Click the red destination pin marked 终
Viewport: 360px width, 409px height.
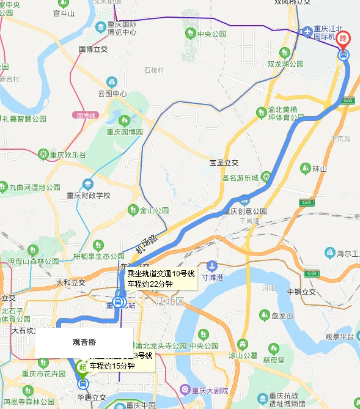pyautogui.click(x=344, y=39)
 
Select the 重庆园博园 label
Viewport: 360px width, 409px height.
pyautogui.click(x=125, y=131)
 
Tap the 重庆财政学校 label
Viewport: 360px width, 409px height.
pyautogui.click(x=88, y=195)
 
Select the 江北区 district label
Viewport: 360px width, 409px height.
pyautogui.click(x=170, y=301)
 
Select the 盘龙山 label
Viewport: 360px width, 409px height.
pyautogui.click(x=282, y=315)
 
